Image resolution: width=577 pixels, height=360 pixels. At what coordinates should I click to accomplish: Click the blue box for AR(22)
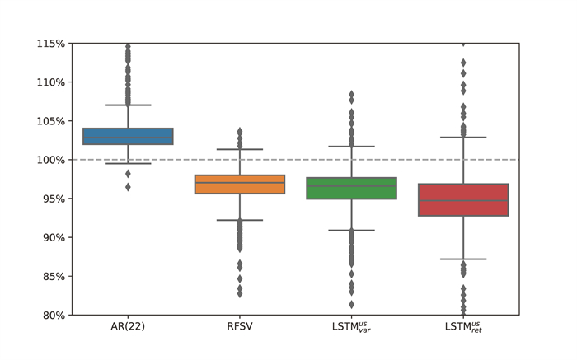click(128, 136)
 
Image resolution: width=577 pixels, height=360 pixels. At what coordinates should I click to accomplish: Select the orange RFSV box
click(240, 184)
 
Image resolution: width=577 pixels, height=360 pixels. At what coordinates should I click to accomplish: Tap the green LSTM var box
click(351, 188)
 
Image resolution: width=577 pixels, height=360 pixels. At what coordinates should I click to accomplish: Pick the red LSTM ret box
click(463, 199)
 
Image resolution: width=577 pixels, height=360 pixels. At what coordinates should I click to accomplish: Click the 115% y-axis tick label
click(51, 44)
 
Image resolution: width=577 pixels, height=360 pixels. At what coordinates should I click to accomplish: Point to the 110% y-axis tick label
click(51, 82)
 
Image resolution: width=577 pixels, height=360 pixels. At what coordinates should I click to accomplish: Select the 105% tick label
click(51, 121)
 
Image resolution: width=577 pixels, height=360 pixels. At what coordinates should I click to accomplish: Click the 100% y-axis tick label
click(51, 160)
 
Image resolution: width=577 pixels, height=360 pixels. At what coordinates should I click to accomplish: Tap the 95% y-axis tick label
click(54, 199)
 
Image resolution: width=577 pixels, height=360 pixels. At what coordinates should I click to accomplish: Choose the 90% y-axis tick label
click(54, 237)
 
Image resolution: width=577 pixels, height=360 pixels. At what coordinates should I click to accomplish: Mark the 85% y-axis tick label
click(54, 276)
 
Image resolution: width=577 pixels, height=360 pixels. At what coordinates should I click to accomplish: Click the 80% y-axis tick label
click(54, 315)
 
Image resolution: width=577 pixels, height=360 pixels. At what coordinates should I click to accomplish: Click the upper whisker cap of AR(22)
click(128, 105)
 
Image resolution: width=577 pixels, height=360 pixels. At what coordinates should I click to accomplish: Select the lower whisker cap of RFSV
click(240, 220)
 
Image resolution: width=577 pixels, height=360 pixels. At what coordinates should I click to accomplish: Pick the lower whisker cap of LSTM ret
click(463, 259)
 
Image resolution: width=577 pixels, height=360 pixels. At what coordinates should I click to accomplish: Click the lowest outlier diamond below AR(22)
click(128, 187)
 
